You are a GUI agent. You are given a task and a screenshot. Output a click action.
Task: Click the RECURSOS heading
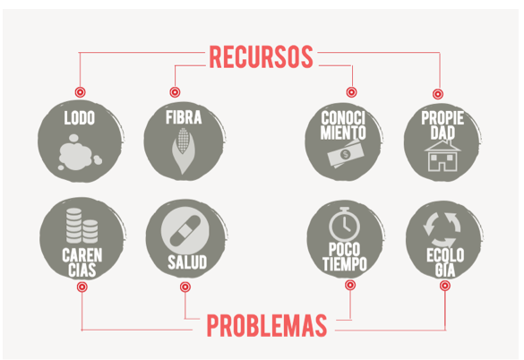pos(261,56)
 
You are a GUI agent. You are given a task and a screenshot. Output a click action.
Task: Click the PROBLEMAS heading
pos(267,325)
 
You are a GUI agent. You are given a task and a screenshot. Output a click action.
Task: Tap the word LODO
pos(80,118)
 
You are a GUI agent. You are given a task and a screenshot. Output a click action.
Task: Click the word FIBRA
pos(184,117)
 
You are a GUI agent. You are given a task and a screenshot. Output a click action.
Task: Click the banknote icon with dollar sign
pos(345,154)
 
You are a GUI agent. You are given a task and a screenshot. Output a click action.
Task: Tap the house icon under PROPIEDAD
pos(442,156)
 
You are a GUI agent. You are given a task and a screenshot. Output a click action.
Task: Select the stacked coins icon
pos(82,226)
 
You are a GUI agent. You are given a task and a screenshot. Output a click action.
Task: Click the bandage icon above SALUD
pos(185,230)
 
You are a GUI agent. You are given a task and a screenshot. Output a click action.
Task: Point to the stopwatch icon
pos(345,224)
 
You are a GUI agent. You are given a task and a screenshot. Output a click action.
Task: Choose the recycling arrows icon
pos(442,230)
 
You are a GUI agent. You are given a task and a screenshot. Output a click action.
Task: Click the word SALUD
pos(187,262)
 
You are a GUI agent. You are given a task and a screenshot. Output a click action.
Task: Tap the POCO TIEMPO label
pos(345,257)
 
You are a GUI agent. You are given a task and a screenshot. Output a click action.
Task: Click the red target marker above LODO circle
pos(80,92)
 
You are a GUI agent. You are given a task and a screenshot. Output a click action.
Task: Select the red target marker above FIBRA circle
pos(175,92)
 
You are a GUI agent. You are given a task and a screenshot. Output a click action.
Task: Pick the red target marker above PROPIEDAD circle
pos(438,94)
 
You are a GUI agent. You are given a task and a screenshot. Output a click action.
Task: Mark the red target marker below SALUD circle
pos(185,287)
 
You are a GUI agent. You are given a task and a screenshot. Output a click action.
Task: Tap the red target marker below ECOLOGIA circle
pos(444,286)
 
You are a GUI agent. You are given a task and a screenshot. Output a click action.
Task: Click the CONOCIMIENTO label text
pos(343,125)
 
